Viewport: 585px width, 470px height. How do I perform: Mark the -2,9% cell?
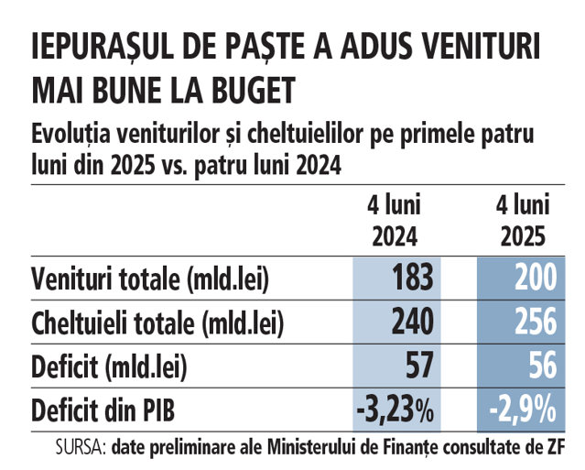pos(523,410)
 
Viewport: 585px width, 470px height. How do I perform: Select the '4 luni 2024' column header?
pos(395,220)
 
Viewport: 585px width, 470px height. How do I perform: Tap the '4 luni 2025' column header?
pos(523,220)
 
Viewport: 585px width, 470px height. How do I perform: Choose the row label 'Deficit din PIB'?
pos(97,411)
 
